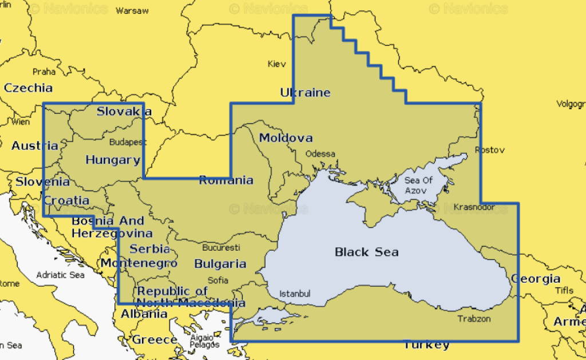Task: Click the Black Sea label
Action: (366, 252)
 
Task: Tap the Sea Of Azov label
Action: (419, 185)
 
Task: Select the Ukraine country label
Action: (305, 93)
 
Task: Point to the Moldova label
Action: (286, 138)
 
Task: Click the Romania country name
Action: (226, 180)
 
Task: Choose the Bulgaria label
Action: (220, 264)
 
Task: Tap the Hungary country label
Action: (113, 160)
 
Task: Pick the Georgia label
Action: (536, 279)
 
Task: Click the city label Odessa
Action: (320, 153)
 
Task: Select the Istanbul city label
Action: (295, 294)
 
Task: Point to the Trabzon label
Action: (474, 319)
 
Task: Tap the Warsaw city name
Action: (132, 11)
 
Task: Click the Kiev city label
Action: (276, 64)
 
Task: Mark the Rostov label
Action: (490, 150)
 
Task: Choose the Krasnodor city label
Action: (474, 207)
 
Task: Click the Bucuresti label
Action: (221, 248)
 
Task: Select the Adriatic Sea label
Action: (60, 275)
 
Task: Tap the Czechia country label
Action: (28, 88)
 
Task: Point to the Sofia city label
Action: (217, 280)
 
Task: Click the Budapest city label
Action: (128, 142)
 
